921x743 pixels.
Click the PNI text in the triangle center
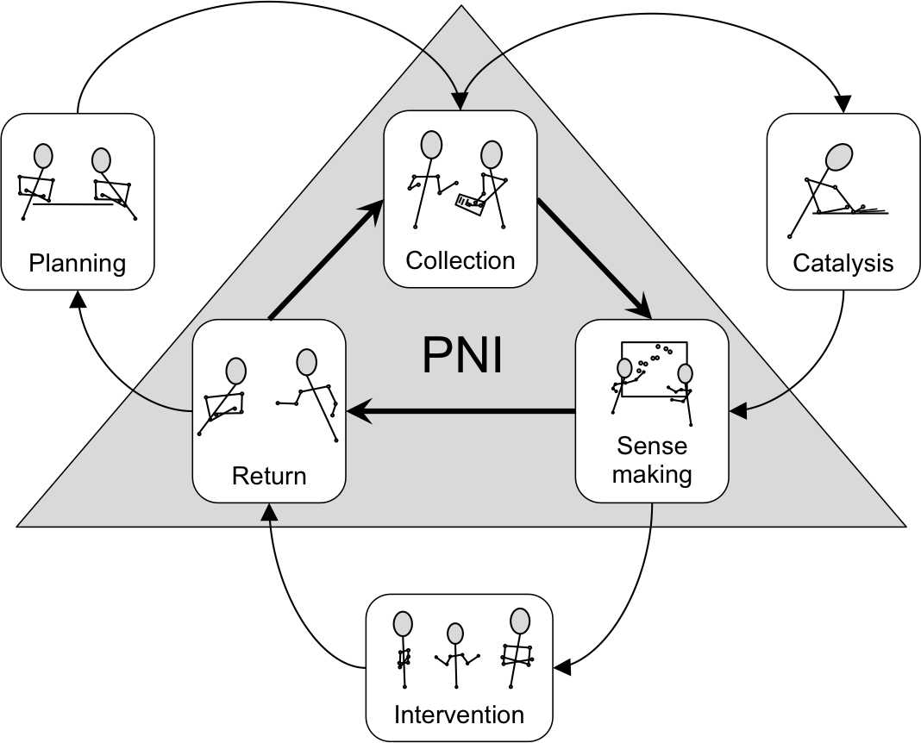point(462,355)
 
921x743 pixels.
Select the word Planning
point(78,262)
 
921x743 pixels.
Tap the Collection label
point(460,259)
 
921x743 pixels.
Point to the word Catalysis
point(843,262)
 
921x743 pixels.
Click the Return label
point(269,475)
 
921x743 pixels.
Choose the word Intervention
point(459,715)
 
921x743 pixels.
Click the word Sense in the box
point(652,446)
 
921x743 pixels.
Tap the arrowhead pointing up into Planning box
point(78,298)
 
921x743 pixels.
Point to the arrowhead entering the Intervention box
point(562,666)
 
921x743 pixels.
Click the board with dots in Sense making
point(655,369)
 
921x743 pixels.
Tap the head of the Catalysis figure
point(837,158)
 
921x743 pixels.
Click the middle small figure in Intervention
point(455,655)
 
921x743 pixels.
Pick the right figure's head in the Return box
point(306,362)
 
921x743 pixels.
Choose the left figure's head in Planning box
point(42,155)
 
